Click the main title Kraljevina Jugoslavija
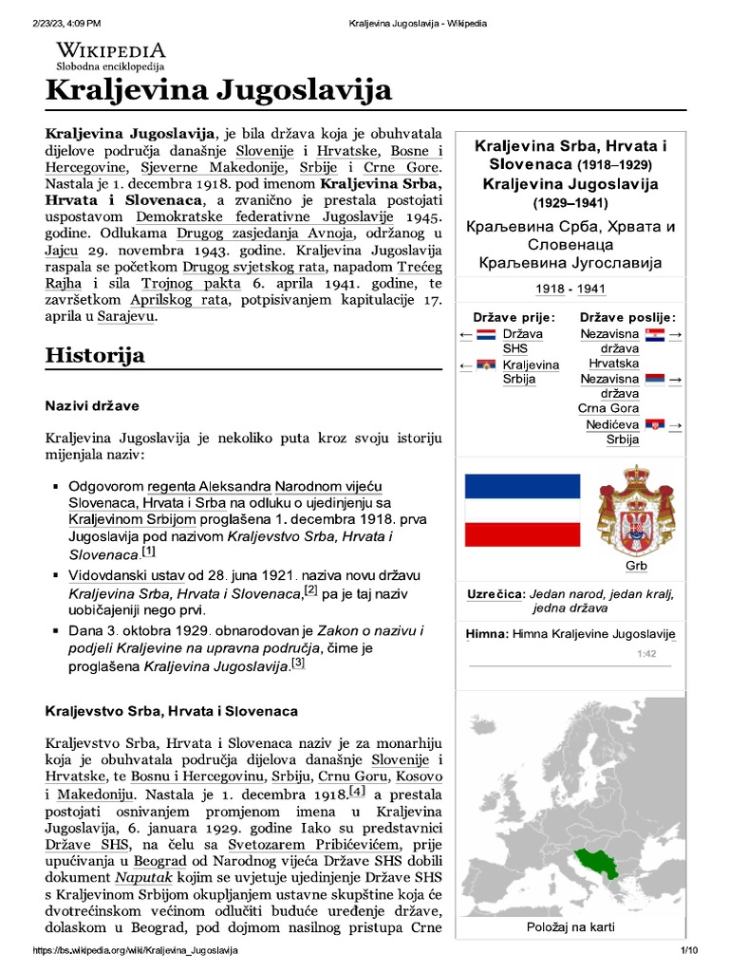(219, 91)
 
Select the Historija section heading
(95, 355)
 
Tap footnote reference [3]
(299, 664)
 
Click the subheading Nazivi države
(92, 406)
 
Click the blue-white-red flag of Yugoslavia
(521, 510)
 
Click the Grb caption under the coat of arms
(635, 567)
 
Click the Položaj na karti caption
(570, 926)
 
